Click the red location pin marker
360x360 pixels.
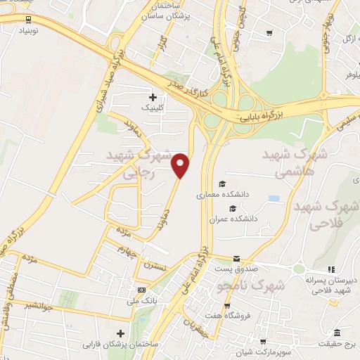tap(181, 165)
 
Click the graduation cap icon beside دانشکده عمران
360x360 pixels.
tap(224, 218)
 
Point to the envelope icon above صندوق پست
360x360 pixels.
tap(237, 259)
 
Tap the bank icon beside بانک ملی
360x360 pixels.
tap(142, 290)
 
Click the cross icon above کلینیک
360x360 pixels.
tap(153, 97)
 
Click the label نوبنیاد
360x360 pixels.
tap(25, 32)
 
